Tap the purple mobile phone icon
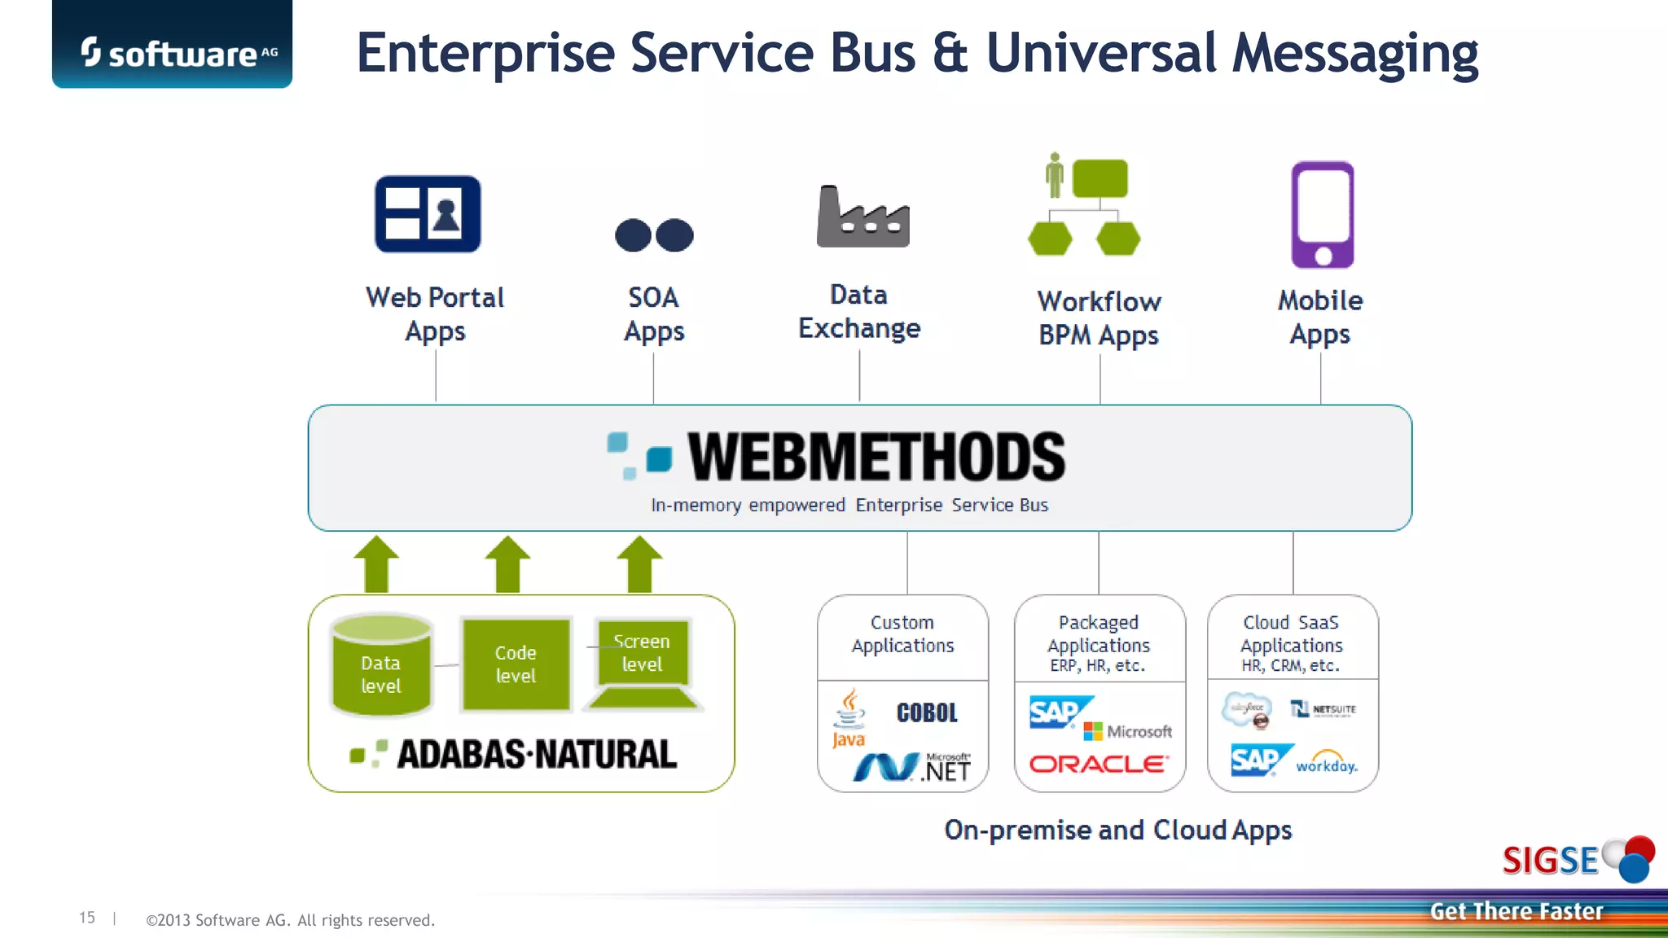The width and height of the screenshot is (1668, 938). click(x=1322, y=215)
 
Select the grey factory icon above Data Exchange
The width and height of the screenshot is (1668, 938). click(x=863, y=217)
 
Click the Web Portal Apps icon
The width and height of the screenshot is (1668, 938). click(x=428, y=214)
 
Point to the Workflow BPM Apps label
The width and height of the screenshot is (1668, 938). click(x=1098, y=318)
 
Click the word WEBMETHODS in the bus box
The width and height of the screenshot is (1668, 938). click(x=876, y=458)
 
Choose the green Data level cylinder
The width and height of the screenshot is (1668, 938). click(x=381, y=666)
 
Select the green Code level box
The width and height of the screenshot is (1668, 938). click(x=516, y=664)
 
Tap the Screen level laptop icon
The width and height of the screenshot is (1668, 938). click(x=643, y=662)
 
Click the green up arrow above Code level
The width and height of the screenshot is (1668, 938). click(x=507, y=563)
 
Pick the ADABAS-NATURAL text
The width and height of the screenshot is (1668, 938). click(x=536, y=754)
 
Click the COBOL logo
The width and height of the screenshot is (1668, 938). click(x=927, y=713)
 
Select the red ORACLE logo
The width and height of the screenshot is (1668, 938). click(x=1098, y=765)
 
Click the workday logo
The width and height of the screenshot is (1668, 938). click(x=1326, y=764)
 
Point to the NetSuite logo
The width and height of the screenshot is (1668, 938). click(x=1323, y=709)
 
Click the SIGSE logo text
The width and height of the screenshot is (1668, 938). click(x=1550, y=861)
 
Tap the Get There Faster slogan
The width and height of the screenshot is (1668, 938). click(x=1516, y=911)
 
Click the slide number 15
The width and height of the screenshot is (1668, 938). click(x=87, y=918)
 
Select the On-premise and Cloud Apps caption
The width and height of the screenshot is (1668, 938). click(x=1117, y=830)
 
